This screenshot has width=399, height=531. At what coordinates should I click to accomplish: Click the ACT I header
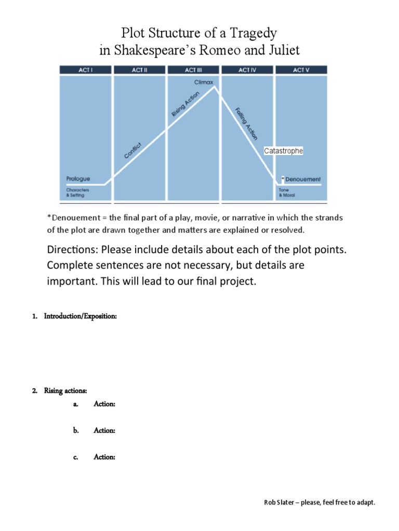[85, 70]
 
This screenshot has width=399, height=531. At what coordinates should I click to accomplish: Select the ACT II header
[140, 70]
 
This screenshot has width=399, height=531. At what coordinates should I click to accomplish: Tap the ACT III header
[193, 70]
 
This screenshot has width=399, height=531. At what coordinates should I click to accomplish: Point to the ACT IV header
[247, 70]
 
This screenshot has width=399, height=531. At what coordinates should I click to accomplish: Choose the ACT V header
[301, 70]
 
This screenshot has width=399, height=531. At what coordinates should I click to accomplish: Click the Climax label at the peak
[203, 82]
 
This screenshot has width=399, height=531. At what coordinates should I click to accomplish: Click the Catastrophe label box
[283, 151]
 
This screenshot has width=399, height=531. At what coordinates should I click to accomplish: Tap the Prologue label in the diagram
[78, 179]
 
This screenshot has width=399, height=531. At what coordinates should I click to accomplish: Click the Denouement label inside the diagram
[303, 179]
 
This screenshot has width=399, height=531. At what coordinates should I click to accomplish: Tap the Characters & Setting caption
[75, 192]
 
